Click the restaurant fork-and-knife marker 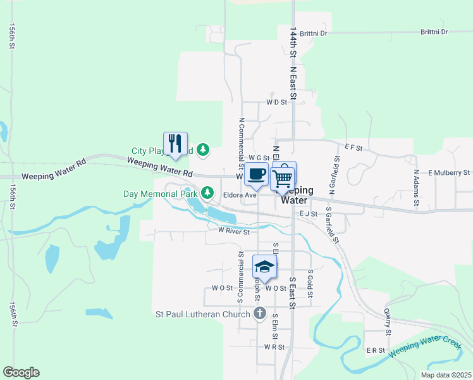[175, 144]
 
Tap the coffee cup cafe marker [256, 174]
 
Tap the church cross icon [259, 313]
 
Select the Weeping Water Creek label [425, 347]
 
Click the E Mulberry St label [448, 172]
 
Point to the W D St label [276, 101]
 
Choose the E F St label [353, 148]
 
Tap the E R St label [376, 350]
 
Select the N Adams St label [416, 187]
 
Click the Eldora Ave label [239, 195]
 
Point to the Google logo [21, 372]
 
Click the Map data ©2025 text [445, 375]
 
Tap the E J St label [308, 214]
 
